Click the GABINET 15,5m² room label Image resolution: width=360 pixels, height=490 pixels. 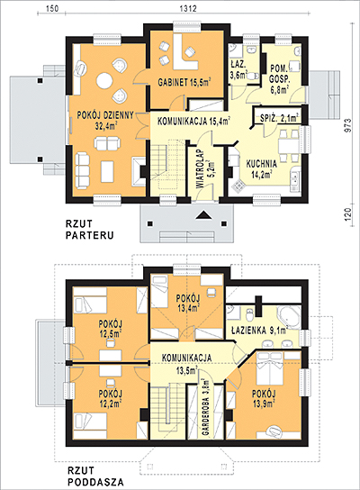pyautogui.click(x=184, y=82)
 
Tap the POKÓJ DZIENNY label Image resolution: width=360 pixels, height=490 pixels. pyautogui.click(x=105, y=115)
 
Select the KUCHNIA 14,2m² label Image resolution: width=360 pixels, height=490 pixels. pyautogui.click(x=262, y=168)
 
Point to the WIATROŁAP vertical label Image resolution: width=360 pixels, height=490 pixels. pyautogui.click(x=201, y=169)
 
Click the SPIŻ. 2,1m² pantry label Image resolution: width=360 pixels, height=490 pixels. pyautogui.click(x=280, y=118)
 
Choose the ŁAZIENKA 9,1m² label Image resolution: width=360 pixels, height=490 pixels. pyautogui.click(x=259, y=330)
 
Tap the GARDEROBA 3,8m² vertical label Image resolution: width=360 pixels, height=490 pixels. pyautogui.click(x=205, y=407)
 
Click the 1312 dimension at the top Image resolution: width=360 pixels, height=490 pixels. pyautogui.click(x=188, y=8)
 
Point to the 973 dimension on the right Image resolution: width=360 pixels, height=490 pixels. pyautogui.click(x=349, y=125)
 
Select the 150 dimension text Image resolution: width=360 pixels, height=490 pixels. pyautogui.click(x=52, y=8)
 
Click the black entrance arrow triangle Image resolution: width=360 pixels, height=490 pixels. pyautogui.click(x=203, y=214)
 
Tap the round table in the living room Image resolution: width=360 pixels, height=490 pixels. pyautogui.click(x=104, y=81)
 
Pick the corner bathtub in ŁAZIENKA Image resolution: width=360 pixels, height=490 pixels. pyautogui.click(x=288, y=316)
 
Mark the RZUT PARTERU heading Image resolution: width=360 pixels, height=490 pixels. pyautogui.click(x=89, y=230)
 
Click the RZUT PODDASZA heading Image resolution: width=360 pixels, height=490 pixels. pyautogui.click(x=95, y=476)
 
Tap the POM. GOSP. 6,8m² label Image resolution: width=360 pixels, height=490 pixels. pyautogui.click(x=280, y=79)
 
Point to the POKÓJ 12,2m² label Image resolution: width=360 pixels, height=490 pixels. pyautogui.click(x=110, y=398)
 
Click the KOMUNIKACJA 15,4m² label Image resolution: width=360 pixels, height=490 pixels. pyautogui.click(x=193, y=121)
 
